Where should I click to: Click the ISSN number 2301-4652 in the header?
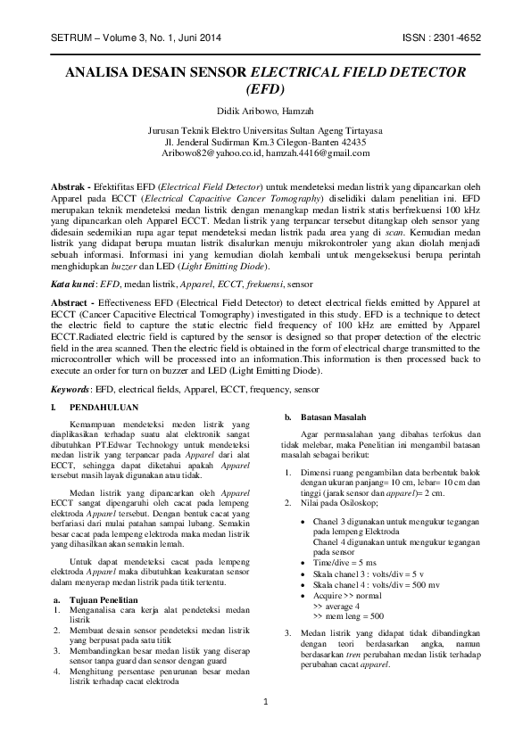click(x=462, y=38)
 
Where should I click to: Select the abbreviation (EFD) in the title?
click(x=265, y=89)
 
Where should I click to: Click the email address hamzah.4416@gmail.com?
click(x=319, y=153)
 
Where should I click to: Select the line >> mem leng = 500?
click(x=348, y=615)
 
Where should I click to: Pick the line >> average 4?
click(x=341, y=606)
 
